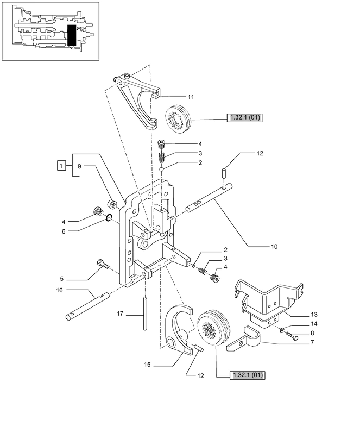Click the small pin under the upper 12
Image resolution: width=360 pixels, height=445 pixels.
pos(224,174)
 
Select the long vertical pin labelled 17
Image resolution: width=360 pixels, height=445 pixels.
pos(146,314)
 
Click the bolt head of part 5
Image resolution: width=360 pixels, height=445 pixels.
pos(100,263)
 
